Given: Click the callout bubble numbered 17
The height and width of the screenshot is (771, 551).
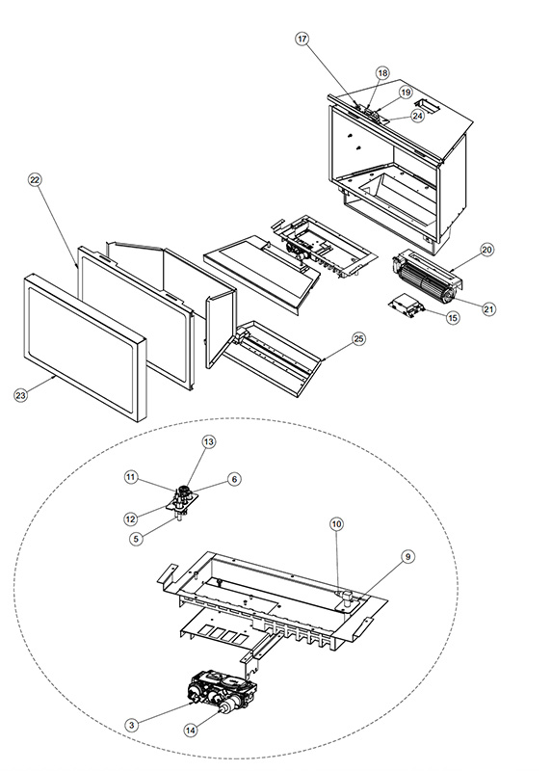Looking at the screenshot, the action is coord(302,39).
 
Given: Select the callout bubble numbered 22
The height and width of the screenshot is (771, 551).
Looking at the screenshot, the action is coord(35,180).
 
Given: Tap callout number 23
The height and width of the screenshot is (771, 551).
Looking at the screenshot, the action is coord(20,395).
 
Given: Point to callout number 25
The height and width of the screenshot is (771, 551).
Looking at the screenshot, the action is coord(359,339).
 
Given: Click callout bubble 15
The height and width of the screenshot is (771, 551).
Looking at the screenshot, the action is coord(453,318).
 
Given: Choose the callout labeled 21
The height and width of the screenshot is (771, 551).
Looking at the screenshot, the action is coord(488,308).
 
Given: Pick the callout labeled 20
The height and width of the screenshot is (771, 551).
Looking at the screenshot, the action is coord(486,250).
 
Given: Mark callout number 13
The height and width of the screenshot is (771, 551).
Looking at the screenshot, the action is coord(209,442).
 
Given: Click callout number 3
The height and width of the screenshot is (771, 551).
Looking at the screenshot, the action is coord(131,725).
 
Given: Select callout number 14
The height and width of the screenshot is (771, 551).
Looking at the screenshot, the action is coord(191,731).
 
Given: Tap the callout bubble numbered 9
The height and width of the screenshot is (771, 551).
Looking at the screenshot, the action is coord(407,557).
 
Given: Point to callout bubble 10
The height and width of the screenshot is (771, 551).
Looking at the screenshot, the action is coord(336,524).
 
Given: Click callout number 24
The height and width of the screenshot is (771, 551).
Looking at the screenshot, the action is coord(417,116).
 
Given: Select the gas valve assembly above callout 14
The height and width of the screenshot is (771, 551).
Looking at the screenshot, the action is coord(223,693).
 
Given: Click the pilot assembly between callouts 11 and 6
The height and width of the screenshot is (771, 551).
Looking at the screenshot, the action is coord(182,500).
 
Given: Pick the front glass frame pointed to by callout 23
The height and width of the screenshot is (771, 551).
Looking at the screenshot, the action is coord(85,347).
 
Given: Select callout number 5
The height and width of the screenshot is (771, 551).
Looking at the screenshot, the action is coord(136,539).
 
